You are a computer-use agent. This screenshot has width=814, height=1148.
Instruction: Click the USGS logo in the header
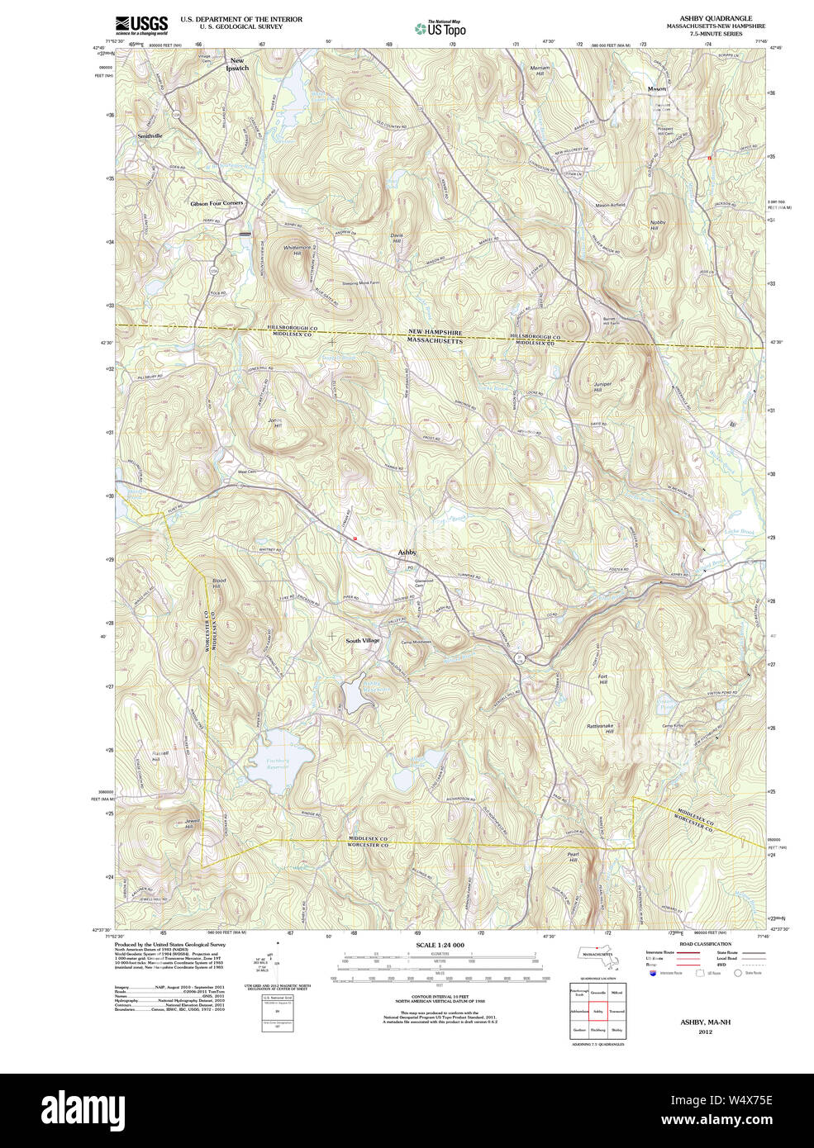tap(141, 24)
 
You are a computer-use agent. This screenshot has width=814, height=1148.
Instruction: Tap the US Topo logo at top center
tap(440, 28)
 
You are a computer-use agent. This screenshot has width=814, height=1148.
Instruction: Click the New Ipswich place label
tap(237, 64)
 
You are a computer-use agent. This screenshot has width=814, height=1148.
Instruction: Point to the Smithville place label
tap(150, 135)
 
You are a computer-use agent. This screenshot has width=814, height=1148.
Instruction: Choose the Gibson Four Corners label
tap(217, 203)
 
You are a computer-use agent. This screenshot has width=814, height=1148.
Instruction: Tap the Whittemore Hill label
tap(297, 250)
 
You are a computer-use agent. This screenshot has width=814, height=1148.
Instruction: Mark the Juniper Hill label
tap(602, 387)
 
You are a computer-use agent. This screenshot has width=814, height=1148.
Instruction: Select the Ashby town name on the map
tap(407, 552)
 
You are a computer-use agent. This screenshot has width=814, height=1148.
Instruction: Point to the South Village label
tap(363, 641)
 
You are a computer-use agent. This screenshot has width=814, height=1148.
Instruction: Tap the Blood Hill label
tap(218, 583)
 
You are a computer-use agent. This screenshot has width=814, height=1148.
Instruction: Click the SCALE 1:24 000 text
tap(440, 945)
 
